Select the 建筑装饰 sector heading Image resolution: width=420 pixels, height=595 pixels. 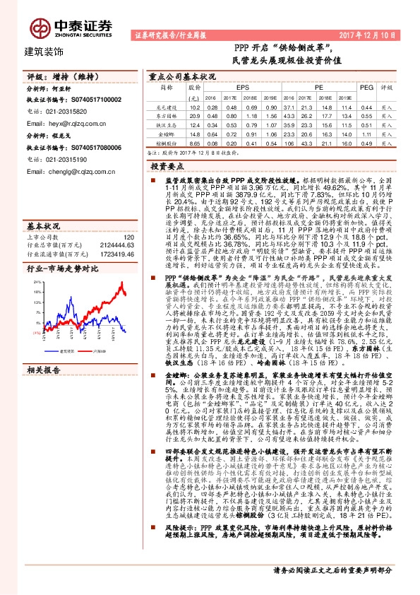pos(44,52)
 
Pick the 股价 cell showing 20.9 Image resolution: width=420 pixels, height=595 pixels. pos(195,115)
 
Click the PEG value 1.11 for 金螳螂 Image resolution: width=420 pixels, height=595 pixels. pos(365,133)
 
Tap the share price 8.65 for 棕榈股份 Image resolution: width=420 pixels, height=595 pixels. pos(195,141)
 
